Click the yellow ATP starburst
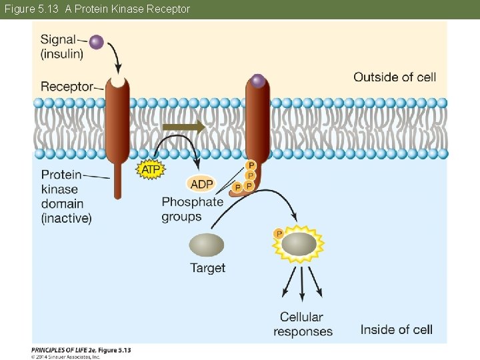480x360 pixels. pyautogui.click(x=151, y=170)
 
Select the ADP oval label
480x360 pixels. pyautogui.click(x=201, y=184)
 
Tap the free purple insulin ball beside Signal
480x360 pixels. pyautogui.click(x=97, y=42)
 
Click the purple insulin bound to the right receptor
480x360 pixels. pyautogui.click(x=258, y=81)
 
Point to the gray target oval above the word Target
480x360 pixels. pyautogui.click(x=207, y=245)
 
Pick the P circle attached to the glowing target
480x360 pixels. pyautogui.click(x=279, y=233)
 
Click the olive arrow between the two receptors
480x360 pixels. pyautogui.click(x=184, y=127)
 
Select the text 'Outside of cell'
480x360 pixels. pyautogui.click(x=395, y=77)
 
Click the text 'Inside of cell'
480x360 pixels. pyautogui.click(x=396, y=329)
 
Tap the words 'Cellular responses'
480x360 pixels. pyautogui.click(x=303, y=324)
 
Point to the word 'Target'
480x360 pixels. pyautogui.click(x=207, y=268)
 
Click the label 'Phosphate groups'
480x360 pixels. pyautogui.click(x=192, y=209)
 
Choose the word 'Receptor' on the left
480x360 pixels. pyautogui.click(x=67, y=87)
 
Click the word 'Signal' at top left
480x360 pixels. pyautogui.click(x=58, y=39)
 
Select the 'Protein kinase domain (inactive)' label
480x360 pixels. pyautogui.click(x=65, y=196)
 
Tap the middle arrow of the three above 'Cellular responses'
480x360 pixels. pyautogui.click(x=302, y=283)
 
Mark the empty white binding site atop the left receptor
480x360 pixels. pyautogui.click(x=117, y=81)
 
